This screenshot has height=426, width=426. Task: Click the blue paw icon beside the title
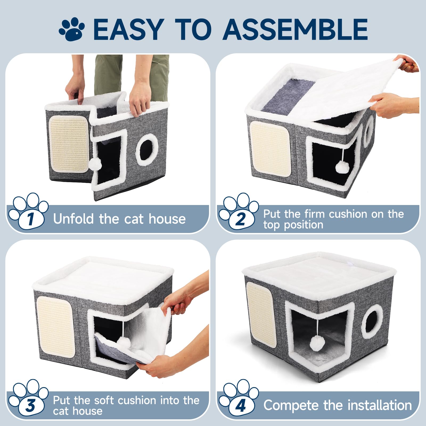71,29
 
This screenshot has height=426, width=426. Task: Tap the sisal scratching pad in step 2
270,145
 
